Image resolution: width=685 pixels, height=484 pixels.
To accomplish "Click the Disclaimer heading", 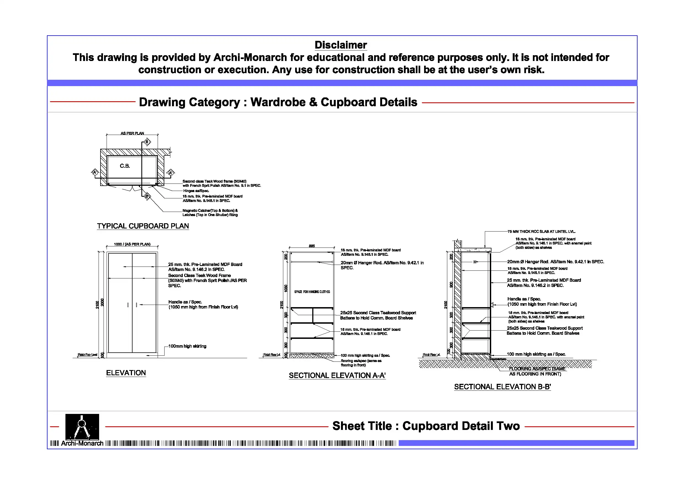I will [340, 45].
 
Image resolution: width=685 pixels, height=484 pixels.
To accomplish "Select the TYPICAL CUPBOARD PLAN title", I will [143, 226].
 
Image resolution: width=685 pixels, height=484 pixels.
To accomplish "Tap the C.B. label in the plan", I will [125, 166].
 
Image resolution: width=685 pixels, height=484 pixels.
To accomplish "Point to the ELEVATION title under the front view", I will [126, 373].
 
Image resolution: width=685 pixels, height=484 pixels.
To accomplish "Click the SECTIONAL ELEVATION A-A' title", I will [337, 376].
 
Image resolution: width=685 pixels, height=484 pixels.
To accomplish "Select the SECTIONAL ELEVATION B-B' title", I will [502, 387].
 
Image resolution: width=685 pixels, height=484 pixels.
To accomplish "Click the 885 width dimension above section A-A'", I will [311, 246].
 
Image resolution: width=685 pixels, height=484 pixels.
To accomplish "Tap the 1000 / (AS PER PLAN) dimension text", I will [132, 244].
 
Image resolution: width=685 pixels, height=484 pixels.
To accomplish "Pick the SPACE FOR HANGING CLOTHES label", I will [312, 292].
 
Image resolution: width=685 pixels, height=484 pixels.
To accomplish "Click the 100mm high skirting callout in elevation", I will [187, 346].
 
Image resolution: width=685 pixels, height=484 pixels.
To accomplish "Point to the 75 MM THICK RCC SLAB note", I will [541, 232].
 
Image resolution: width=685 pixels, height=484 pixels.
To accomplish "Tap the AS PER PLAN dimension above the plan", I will [132, 133].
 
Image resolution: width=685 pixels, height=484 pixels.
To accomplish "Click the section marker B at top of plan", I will [147, 142].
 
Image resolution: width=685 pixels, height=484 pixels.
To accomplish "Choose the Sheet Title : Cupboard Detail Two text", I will [426, 426].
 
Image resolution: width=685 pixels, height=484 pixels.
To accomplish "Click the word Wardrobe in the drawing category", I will [278, 102].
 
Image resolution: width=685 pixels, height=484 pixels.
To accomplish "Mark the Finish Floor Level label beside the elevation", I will [88, 355].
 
